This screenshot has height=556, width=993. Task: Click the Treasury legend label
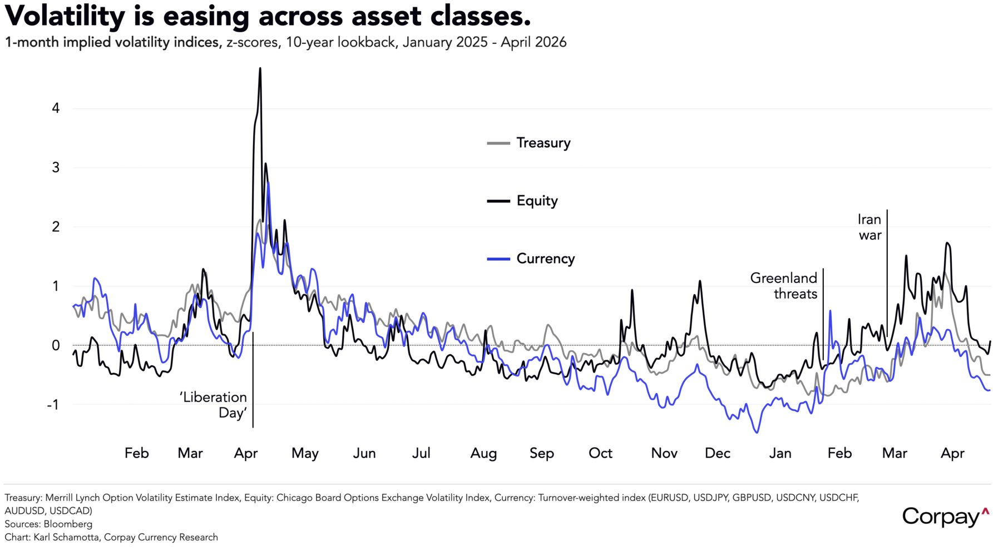tap(543, 143)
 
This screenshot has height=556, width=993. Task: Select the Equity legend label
tap(537, 201)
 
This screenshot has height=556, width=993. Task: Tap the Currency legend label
tap(545, 259)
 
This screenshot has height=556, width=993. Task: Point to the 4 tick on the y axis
tap(56, 108)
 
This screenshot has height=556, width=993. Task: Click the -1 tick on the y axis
tap(53, 405)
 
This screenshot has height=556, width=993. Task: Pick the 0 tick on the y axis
tap(56, 345)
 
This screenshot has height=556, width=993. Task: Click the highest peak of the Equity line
tap(260, 68)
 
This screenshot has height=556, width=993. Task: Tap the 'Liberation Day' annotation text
tap(213, 405)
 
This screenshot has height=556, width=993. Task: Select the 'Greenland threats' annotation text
tap(784, 286)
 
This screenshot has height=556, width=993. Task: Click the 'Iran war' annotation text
tap(870, 227)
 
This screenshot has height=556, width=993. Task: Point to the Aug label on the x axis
tap(483, 453)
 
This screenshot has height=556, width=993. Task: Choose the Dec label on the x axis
tap(717, 453)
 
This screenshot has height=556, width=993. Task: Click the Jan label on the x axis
tap(780, 453)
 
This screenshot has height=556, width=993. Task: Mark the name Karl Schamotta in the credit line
tap(66, 537)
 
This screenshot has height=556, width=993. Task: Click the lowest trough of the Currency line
tap(757, 433)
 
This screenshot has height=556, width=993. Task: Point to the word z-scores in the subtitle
tap(253, 42)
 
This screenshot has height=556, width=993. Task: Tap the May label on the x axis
tap(305, 453)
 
